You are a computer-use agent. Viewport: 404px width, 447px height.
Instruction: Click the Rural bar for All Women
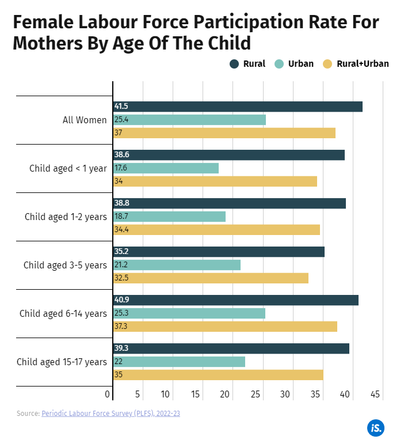coord(238,107)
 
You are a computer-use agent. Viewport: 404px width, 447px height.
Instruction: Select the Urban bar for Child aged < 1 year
coord(166,168)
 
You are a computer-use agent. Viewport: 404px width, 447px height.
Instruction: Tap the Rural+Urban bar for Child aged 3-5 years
coord(211,278)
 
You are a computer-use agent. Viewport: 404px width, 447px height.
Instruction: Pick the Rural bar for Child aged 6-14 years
coord(236,300)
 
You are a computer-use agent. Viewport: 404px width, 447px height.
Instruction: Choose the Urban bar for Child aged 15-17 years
coord(179,362)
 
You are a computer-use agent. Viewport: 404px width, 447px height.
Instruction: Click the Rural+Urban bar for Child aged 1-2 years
coord(216,230)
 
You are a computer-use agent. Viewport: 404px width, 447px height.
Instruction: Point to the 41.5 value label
coord(121,107)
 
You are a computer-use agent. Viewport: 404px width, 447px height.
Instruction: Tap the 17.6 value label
coord(120,168)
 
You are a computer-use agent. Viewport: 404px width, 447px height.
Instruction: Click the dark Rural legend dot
coord(234,64)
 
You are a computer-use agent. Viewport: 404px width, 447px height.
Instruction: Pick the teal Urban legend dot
coord(279,64)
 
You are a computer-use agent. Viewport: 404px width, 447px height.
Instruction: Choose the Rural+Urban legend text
coord(362,64)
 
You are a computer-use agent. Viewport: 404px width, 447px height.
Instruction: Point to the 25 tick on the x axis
coord(256,395)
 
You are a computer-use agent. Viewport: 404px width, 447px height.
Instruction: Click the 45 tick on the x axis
coord(375,395)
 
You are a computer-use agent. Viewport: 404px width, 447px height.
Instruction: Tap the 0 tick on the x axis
coord(108,395)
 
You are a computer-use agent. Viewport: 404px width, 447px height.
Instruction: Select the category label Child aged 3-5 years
coord(65,265)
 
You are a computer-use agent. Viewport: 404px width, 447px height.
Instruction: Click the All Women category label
coord(85,120)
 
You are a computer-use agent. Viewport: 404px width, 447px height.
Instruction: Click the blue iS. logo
coord(375,428)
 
